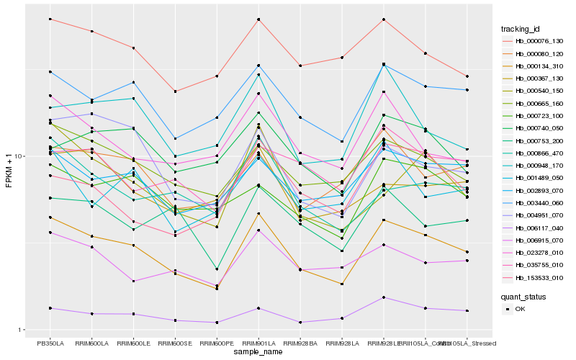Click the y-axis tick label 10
pos(20,156)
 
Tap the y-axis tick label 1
pos(22,330)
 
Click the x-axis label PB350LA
pos(50,343)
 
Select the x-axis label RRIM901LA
pos(258,343)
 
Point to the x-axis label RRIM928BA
pos(300,343)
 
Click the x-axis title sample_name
pos(258,353)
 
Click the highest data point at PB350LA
pos(50,19)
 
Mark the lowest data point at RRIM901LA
pos(258,308)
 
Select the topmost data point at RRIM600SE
pos(175,91)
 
